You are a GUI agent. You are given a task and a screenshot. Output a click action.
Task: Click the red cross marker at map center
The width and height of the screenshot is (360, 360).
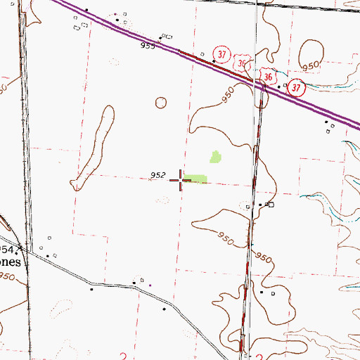[181, 181]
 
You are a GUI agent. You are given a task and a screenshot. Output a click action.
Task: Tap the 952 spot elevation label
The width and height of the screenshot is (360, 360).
[157, 176]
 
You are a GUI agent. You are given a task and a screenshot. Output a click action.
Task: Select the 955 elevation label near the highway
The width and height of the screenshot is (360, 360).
[147, 46]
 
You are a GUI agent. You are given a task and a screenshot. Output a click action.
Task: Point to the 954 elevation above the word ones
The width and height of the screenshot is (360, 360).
[6, 249]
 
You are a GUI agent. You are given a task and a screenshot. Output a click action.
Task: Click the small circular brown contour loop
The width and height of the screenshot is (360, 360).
[162, 102]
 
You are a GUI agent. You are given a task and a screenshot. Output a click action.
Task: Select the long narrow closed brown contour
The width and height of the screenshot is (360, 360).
[93, 148]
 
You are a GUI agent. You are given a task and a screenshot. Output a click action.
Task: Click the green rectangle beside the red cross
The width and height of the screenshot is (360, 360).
[197, 179]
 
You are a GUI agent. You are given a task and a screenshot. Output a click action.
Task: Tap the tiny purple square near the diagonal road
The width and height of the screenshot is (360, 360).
[150, 285]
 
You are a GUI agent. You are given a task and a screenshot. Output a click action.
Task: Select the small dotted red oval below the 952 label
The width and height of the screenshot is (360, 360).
[162, 200]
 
